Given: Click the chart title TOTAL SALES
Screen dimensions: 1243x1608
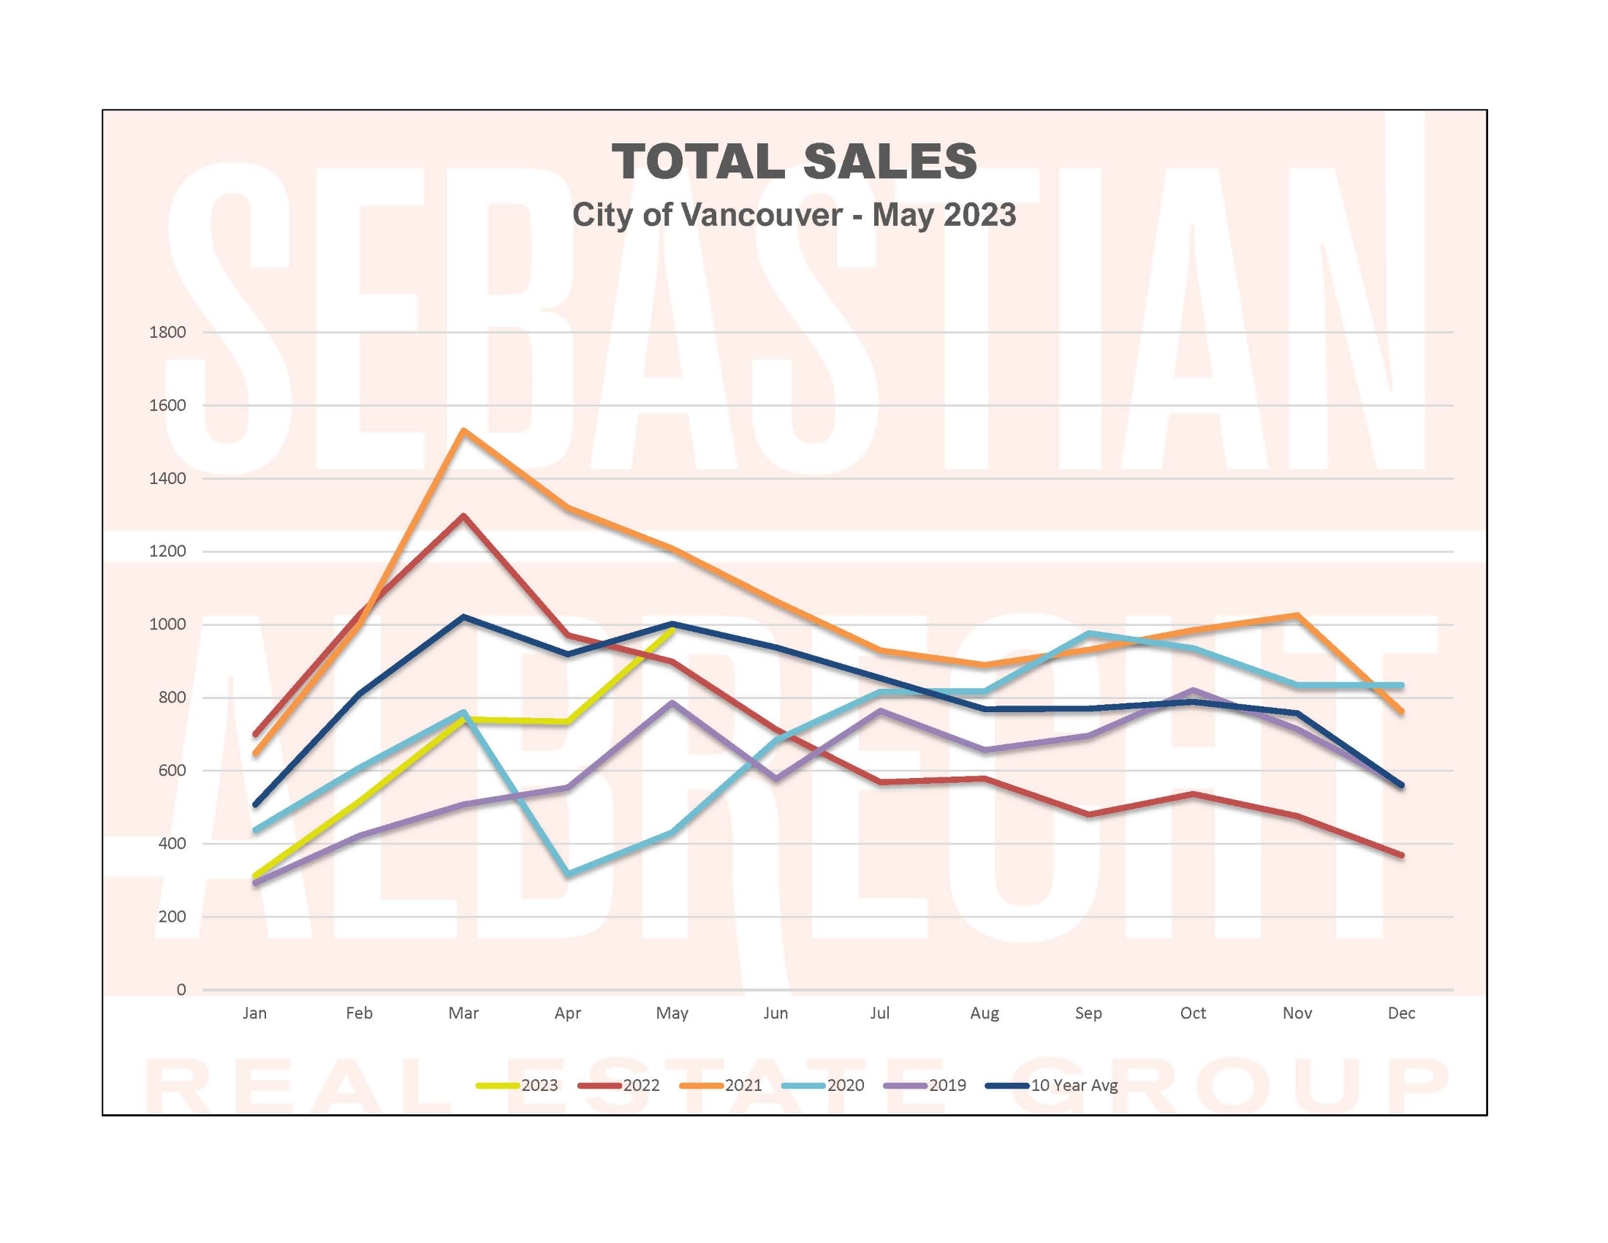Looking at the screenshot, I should [794, 162].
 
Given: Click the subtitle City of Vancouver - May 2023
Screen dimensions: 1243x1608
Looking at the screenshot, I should [794, 215].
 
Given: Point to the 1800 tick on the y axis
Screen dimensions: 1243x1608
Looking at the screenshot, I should [167, 332].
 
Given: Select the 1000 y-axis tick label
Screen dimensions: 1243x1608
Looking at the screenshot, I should [167, 624].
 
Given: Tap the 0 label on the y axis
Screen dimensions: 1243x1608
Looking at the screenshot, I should [181, 990].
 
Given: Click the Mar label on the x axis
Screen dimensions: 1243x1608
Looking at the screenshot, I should [463, 1013].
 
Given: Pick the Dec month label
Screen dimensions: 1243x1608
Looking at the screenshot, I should [1401, 1013].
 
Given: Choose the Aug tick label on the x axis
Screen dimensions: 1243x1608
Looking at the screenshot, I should [985, 1013].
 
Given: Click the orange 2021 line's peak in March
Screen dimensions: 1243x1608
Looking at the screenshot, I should [463, 430].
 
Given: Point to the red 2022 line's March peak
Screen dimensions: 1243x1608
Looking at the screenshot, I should [463, 515].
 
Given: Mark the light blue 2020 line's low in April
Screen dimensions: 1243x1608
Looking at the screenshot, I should [568, 874].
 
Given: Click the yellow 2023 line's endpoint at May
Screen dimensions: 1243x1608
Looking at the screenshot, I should [672, 630].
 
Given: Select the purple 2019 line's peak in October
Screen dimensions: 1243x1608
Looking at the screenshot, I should [1193, 690].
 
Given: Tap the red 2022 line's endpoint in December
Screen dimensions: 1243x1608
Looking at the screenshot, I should [1401, 855].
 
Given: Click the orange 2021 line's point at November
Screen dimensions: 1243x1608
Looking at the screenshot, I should [1297, 615].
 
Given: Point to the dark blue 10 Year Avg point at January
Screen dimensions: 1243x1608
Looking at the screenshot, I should [255, 805].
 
